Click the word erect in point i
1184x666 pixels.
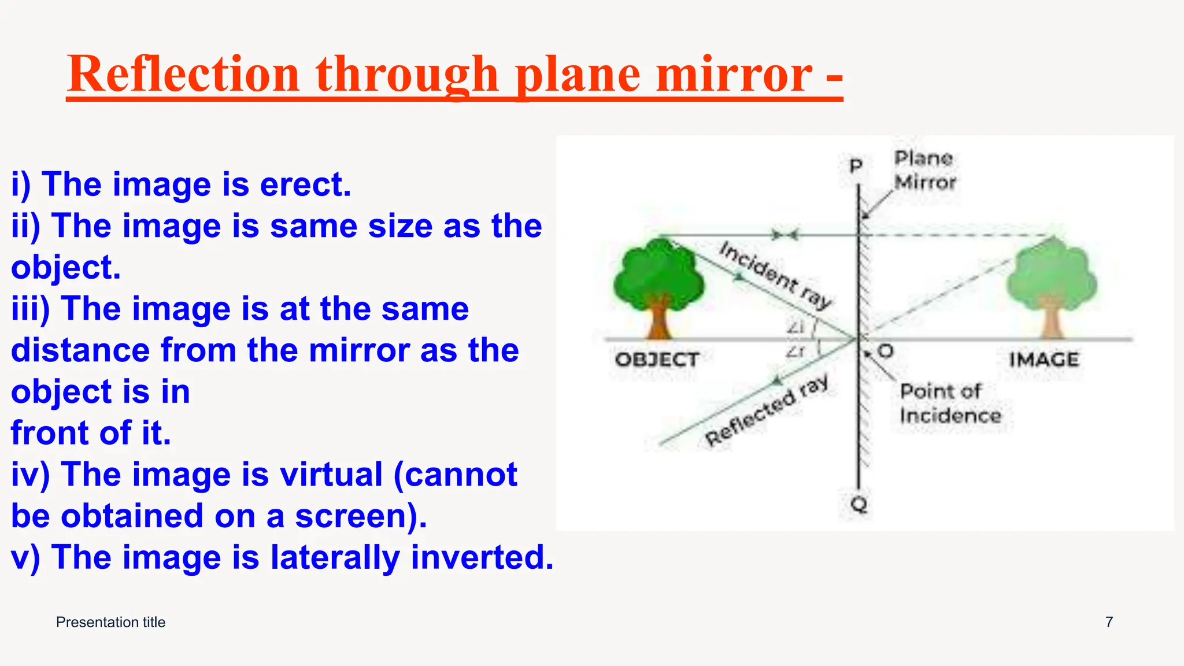(305, 184)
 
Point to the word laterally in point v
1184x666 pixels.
(335, 557)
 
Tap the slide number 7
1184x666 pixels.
(1109, 622)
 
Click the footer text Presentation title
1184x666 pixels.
(110, 622)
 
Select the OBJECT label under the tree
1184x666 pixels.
(657, 360)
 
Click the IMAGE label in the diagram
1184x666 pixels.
(1044, 360)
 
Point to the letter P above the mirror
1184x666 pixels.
(856, 166)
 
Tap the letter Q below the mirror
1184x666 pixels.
(859, 505)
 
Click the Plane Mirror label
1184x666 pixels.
(924, 171)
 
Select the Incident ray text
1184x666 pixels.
(775, 275)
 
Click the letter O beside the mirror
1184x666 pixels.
(885, 351)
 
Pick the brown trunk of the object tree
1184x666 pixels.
(658, 321)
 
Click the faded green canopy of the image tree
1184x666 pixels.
(1051, 272)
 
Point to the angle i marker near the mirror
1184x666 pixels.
(797, 328)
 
